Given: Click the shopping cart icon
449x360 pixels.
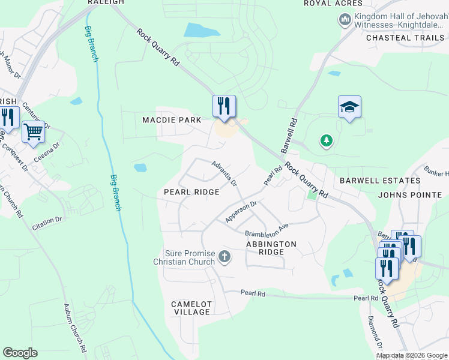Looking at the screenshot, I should pos(33,131).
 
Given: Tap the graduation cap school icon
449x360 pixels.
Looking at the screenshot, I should pos(349,106).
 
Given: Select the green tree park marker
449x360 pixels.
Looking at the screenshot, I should pos(327,141).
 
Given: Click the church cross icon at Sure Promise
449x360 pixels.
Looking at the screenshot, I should pos(224,257).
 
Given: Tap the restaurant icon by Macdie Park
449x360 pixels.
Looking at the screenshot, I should pos(224,106).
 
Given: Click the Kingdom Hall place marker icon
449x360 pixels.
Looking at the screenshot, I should pos(345,21).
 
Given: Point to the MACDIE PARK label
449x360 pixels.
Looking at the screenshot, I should pos(171,120).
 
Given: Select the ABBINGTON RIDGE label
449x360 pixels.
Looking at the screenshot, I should pos(271,248).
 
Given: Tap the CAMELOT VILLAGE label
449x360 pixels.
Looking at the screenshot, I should pos(191,308).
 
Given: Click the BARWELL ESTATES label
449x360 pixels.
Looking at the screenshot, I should pos(371,181).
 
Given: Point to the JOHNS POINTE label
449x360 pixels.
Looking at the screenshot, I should pos(410,195).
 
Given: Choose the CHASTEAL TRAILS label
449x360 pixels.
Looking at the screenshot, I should pos(405,38).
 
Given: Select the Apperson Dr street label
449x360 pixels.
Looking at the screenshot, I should pos(241,212).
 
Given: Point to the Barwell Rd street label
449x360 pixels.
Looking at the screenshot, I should pos(289,135).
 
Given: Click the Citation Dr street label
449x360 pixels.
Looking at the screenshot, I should pos(47,220).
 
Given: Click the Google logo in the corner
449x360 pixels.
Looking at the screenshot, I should pos(20,353).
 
